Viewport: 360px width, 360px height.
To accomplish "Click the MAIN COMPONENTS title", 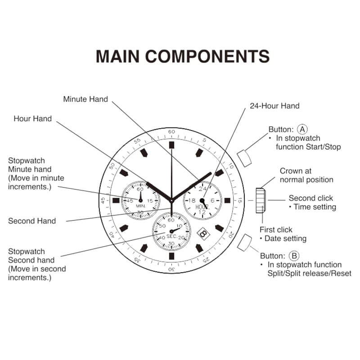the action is tap(183, 56).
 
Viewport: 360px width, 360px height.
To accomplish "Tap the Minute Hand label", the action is tap(85, 99).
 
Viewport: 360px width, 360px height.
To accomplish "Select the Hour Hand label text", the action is tap(32, 118).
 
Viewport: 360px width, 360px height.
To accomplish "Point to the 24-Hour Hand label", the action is tap(274, 106).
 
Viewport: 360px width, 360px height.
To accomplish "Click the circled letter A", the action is tap(302, 129).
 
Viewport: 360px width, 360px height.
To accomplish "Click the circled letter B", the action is tap(294, 256).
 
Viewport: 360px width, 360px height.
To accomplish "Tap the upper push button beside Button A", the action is tap(244, 158).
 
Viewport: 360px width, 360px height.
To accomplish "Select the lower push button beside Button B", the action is tap(244, 243).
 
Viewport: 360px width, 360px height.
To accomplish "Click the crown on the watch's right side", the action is tap(261, 200).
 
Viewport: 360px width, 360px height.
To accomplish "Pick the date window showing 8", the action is tap(203, 234).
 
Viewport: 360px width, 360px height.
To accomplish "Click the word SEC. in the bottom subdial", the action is tap(171, 236).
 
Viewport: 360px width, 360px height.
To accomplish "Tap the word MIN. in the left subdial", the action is tap(141, 206).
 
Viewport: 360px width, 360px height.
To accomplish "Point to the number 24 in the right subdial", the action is tap(202, 189).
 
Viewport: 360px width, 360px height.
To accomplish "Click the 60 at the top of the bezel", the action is tap(171, 131).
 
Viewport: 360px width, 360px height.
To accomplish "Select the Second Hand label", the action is tap(32, 221).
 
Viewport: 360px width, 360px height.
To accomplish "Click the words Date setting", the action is tap(285, 238).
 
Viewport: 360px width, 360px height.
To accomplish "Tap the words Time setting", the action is tap(315, 207).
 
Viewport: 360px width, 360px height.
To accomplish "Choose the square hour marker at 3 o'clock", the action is tap(227, 200).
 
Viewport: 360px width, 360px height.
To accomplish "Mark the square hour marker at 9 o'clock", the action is tap(116, 200).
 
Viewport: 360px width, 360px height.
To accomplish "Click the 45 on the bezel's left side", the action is tap(103, 200).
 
